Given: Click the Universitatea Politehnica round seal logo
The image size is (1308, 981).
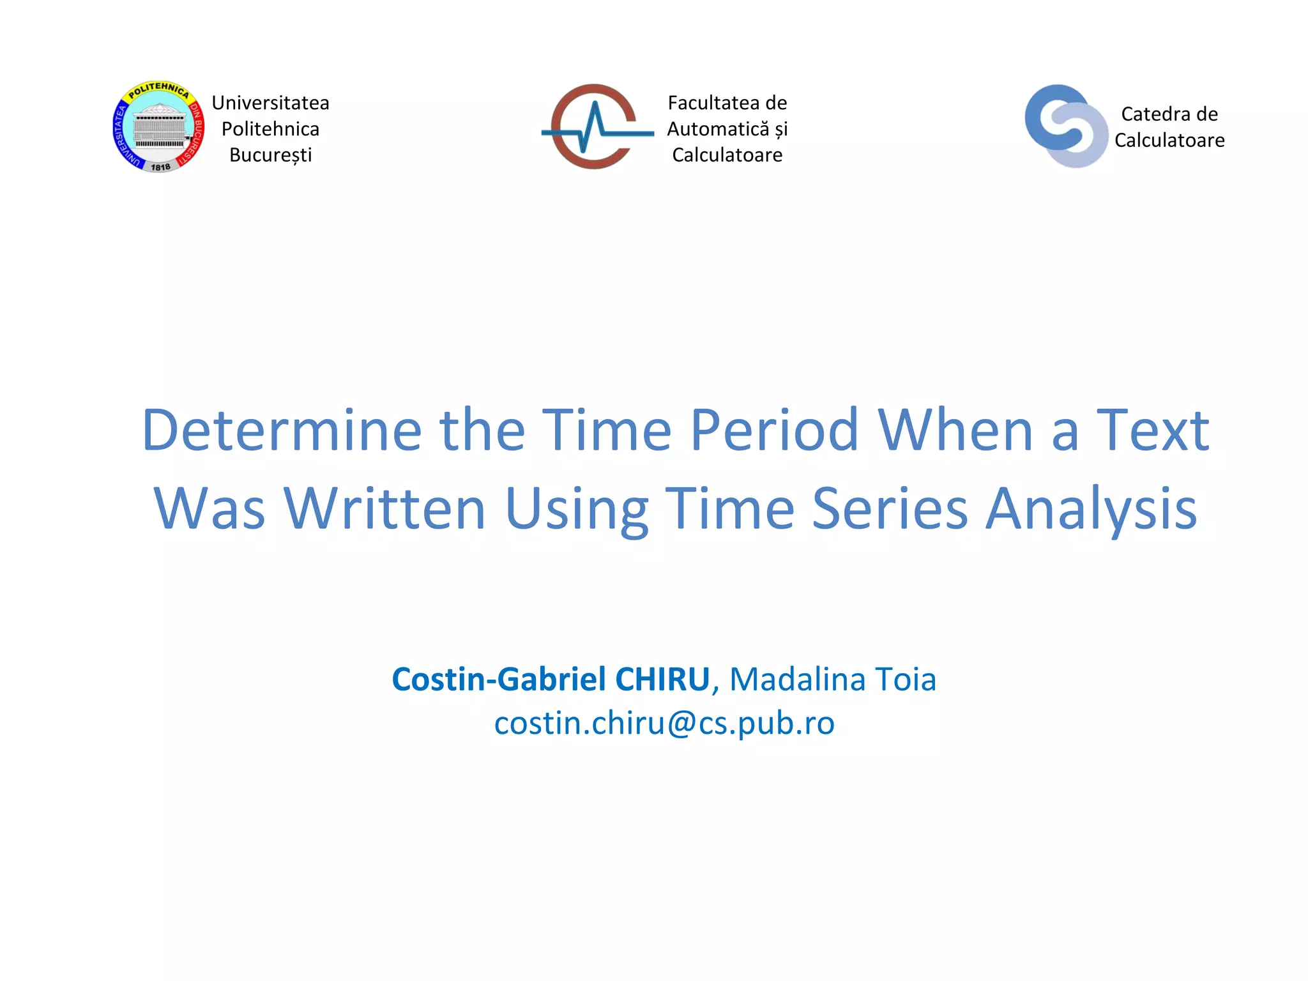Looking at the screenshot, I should point(158,127).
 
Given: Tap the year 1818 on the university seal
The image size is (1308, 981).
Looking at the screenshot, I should point(160,167).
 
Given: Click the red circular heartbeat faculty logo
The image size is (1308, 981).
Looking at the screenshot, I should point(595,127).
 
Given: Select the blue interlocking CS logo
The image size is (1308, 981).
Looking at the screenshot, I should point(1065,126).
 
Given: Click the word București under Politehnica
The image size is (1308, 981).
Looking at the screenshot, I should point(270,155).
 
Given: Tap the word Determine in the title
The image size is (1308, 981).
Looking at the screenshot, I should point(282,430).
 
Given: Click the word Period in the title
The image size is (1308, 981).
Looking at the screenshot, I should point(774,430).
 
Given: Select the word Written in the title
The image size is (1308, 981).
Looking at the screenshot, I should point(385,509).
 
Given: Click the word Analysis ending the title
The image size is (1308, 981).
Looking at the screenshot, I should point(1091,509).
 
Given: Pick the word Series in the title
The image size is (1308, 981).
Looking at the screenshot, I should point(890,509).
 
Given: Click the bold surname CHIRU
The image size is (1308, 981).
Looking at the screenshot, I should point(662,680).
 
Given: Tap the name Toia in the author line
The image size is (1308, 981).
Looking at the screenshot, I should point(905,680).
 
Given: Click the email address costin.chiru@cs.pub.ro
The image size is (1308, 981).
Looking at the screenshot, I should point(664,724).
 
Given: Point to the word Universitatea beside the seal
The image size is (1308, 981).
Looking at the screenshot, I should point(270,103).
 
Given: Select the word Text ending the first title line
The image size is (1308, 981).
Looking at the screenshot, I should point(1152,430).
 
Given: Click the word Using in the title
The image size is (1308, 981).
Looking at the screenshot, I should point(576,509).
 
